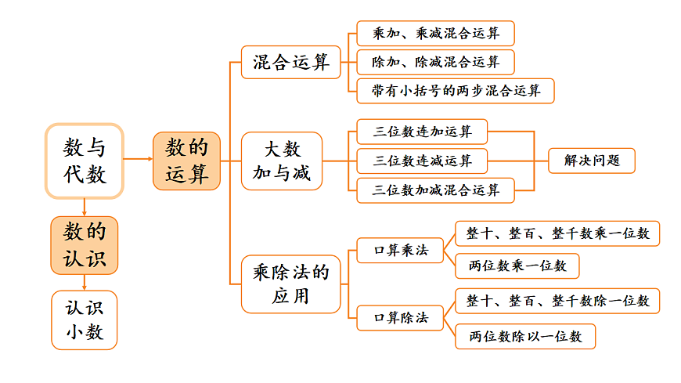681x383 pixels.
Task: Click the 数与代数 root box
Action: tap(85, 161)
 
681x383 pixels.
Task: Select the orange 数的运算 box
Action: tap(186, 161)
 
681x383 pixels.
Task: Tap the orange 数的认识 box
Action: tap(85, 245)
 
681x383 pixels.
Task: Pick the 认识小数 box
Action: tap(85, 320)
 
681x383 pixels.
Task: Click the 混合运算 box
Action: tap(291, 62)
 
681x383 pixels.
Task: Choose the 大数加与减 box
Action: tap(282, 161)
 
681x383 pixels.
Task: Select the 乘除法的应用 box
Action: tap(291, 284)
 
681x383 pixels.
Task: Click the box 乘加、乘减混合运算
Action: tap(435, 34)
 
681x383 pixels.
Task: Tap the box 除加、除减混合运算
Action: tap(435, 62)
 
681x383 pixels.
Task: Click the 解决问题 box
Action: tap(591, 161)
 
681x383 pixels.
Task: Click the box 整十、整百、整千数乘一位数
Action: tap(557, 233)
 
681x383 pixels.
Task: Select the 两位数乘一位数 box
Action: tap(517, 266)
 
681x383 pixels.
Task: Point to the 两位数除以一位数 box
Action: tap(525, 336)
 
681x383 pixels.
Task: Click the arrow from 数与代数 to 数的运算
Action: tap(138, 159)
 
